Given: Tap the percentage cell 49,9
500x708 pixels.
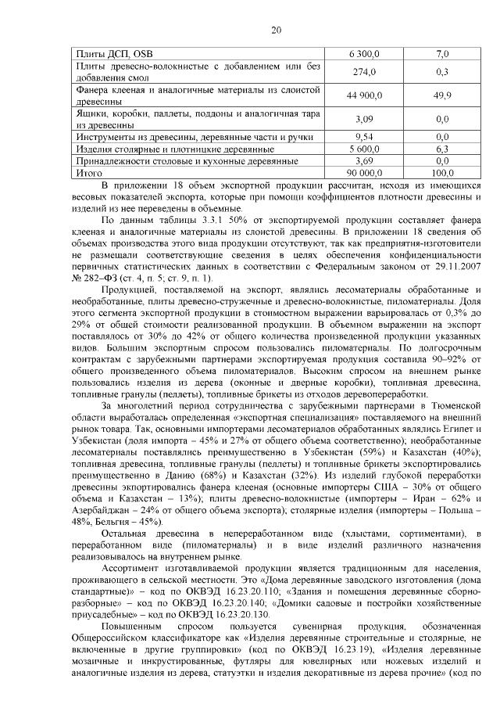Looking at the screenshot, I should [442, 95].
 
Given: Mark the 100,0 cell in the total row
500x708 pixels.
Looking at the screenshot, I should [442, 172].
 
